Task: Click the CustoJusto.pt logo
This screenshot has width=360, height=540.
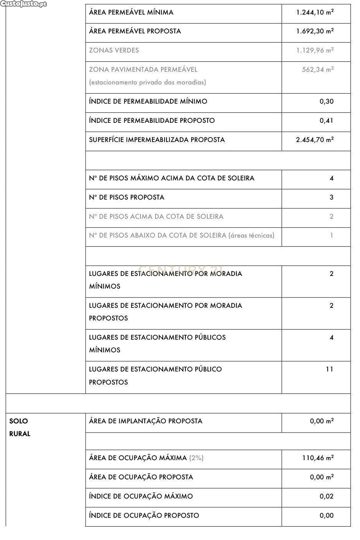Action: click(x=24, y=4)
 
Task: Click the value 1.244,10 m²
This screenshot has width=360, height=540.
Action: click(x=315, y=12)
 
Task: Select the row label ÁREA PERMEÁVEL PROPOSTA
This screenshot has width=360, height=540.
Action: click(x=135, y=31)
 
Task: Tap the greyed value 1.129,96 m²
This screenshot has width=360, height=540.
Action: click(x=315, y=50)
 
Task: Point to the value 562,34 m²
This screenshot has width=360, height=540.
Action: click(x=317, y=69)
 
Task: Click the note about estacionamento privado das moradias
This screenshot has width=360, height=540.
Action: click(x=147, y=82)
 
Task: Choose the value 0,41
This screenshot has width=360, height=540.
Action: click(x=326, y=121)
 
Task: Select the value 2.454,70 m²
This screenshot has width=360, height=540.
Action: click(x=315, y=140)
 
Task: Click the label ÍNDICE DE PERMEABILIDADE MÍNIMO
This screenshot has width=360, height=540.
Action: click(x=148, y=101)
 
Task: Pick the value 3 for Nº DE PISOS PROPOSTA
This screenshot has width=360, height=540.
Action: click(x=331, y=197)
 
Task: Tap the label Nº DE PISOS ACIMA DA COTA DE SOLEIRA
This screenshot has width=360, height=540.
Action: click(x=156, y=216)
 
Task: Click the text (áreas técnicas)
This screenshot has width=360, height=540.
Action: click(x=251, y=235)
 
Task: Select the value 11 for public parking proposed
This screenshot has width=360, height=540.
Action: click(x=329, y=369)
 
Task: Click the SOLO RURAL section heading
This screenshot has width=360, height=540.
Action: click(x=20, y=427)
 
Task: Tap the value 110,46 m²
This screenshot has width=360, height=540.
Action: click(x=317, y=458)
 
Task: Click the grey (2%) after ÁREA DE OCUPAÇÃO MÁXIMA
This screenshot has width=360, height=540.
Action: click(x=196, y=458)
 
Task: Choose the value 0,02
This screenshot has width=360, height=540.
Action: click(x=326, y=496)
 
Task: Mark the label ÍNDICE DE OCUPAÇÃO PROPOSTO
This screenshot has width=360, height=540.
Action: click(x=144, y=515)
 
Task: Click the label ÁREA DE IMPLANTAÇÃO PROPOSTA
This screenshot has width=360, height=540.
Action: click(x=145, y=421)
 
